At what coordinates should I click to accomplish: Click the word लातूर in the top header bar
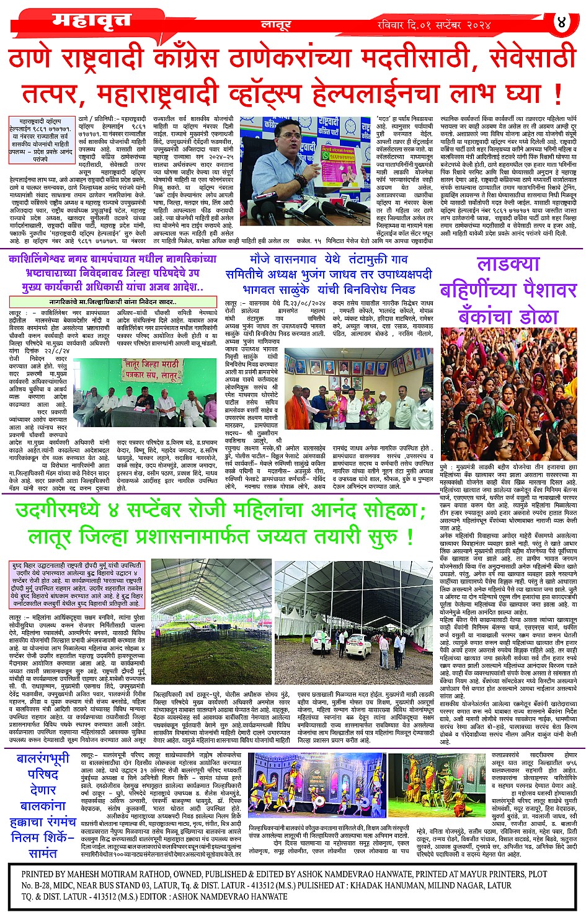[275, 25]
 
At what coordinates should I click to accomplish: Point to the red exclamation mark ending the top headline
[557, 94]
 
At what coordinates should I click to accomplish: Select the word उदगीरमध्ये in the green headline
[76, 512]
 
